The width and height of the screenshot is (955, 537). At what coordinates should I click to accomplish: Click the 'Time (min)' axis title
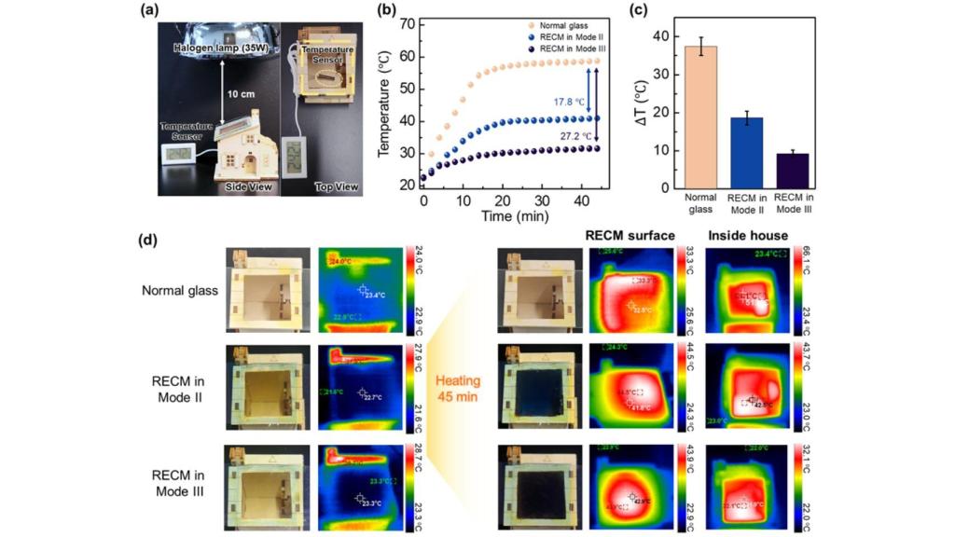point(509,216)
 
